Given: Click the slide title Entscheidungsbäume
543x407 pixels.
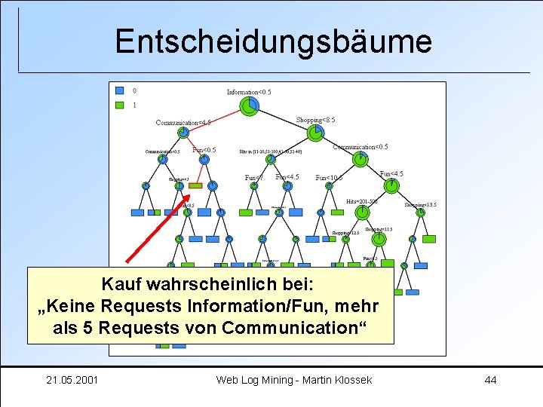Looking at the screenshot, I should point(273,41).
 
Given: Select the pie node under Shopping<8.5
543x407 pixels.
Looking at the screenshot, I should point(315,133).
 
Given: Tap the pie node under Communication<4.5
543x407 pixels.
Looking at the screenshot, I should point(183,133).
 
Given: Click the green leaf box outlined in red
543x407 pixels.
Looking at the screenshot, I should point(195,185).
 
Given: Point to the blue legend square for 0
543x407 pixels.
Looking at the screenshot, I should point(119,90).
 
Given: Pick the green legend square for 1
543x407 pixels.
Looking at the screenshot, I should point(119,106).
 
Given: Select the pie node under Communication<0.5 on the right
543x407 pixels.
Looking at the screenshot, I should point(361,158).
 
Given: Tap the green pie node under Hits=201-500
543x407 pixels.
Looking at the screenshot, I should point(362,212).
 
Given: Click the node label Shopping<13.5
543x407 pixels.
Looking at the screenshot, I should point(420,204).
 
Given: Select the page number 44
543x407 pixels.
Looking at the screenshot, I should point(490,379).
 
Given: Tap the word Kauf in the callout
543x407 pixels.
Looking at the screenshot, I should point(122,287).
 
